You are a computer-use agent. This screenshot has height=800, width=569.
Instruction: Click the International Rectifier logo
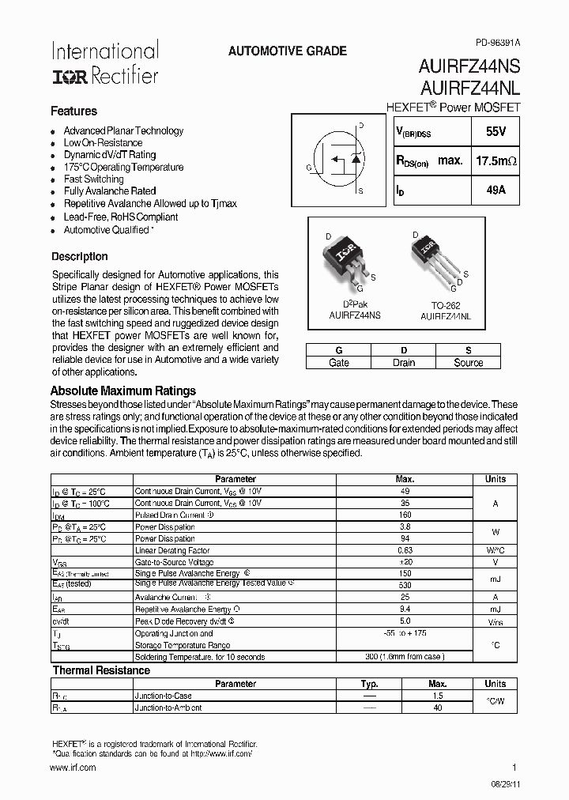coord(104,63)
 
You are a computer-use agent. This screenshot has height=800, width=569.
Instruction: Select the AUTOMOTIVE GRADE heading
coord(287,51)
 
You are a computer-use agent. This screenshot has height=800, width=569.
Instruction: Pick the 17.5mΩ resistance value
coord(496,160)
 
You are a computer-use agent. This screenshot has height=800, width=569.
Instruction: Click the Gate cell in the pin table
coord(338,363)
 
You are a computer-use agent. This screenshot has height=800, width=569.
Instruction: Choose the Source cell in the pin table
coord(468,363)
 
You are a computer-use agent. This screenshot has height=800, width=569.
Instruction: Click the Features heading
coord(73,111)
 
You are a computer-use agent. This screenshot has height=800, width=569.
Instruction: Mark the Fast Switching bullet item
coord(93,179)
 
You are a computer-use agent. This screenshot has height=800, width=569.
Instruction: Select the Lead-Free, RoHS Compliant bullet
coord(120,217)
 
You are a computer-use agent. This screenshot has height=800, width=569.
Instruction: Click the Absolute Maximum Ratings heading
coord(122,391)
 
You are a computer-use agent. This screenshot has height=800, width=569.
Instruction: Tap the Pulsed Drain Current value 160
coord(405,515)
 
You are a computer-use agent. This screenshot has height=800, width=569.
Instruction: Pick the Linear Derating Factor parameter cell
coord(172,551)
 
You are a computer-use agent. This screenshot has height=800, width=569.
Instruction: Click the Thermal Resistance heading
coord(100,670)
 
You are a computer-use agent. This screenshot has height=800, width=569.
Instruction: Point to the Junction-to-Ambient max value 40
coord(437,708)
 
